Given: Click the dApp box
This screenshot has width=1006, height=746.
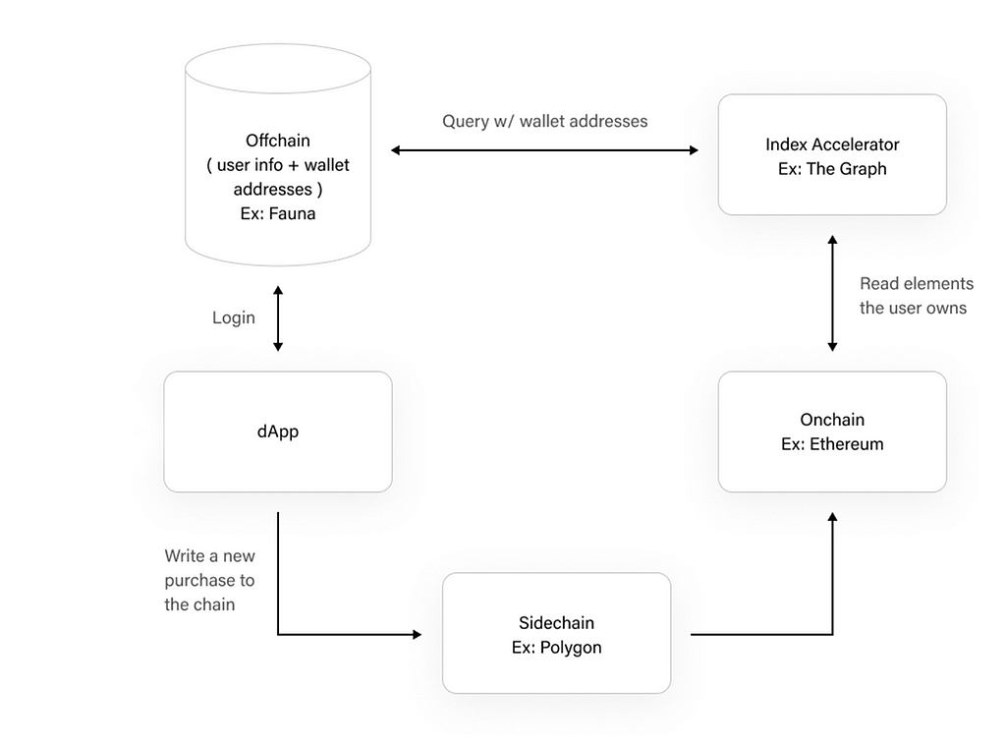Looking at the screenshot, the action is click(x=278, y=431).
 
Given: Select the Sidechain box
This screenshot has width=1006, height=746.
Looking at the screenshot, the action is click(x=556, y=633).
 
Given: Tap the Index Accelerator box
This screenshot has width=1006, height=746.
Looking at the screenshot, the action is click(x=832, y=154).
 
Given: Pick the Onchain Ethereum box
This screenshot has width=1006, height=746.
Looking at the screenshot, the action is click(x=832, y=431).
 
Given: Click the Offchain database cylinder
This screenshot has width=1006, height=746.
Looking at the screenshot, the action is click(x=278, y=154).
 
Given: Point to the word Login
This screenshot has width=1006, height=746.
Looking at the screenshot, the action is click(x=234, y=317).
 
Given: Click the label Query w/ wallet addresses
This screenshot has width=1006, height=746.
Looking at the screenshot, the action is click(x=544, y=121).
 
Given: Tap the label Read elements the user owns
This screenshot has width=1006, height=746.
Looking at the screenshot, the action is click(x=917, y=295).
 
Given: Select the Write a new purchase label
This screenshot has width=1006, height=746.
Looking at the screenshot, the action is click(x=209, y=580).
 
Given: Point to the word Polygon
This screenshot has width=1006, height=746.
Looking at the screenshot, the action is click(x=571, y=648).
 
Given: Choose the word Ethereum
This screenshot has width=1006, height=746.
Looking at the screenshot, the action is click(x=846, y=444).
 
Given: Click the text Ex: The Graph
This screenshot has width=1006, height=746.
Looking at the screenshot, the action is click(x=832, y=169).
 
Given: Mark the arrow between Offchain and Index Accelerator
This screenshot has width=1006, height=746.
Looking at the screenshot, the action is click(x=544, y=150).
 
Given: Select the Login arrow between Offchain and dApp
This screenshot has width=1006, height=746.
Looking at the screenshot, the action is click(x=278, y=318).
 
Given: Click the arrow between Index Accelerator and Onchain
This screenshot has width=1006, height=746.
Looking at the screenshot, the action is click(x=832, y=294).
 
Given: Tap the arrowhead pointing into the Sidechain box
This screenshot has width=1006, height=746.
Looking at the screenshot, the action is click(x=417, y=634).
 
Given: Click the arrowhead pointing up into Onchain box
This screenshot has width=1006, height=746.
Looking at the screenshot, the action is click(x=832, y=517).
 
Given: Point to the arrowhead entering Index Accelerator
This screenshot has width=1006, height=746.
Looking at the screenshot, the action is click(x=695, y=150).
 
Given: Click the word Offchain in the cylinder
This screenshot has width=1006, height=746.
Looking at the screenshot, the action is click(x=278, y=141).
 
